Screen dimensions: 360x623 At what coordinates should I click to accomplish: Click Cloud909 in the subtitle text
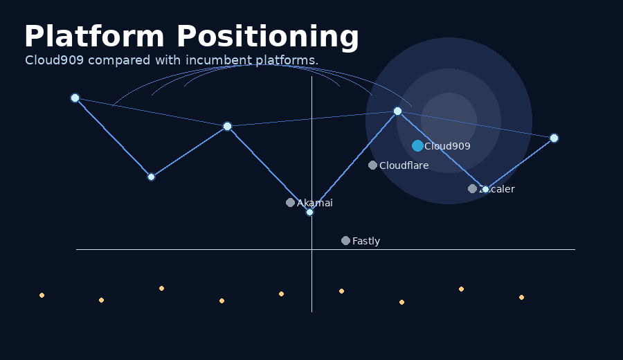[x=55, y=60]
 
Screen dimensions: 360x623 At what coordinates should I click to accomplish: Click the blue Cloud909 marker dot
[x=417, y=145]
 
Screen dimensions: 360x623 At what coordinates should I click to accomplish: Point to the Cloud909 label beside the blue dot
[x=447, y=146]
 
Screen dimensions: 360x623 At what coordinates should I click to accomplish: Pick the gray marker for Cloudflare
[x=372, y=165]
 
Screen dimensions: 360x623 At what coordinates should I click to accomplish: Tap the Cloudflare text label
[x=404, y=165]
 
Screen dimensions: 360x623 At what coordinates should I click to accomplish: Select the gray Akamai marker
[x=290, y=203]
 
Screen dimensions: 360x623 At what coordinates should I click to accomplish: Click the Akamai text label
[x=314, y=203]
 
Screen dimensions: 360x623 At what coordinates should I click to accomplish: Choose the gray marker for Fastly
[x=345, y=241]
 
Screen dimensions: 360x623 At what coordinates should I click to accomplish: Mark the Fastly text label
[x=365, y=241]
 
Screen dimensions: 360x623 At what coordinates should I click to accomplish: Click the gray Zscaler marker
[x=472, y=189]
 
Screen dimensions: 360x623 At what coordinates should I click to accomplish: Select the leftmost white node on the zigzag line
[x=75, y=98]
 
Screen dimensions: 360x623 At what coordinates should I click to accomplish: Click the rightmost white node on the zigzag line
[x=554, y=138]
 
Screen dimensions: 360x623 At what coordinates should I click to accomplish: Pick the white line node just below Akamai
[x=309, y=212]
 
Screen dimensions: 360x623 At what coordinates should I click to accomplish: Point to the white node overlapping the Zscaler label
[x=485, y=189]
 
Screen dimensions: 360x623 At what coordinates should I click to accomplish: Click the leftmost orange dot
[x=42, y=295]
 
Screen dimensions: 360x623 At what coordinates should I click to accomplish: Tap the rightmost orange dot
[x=521, y=297]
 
